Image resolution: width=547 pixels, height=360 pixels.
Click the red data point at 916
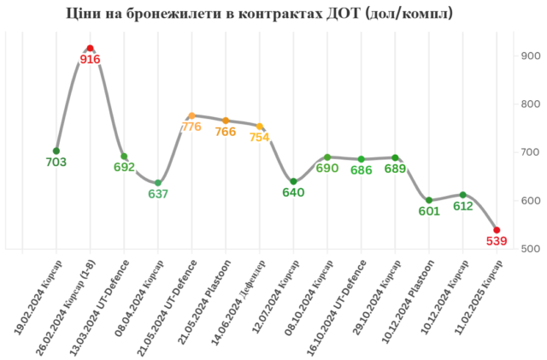[91, 48]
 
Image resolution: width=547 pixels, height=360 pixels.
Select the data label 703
[56, 162]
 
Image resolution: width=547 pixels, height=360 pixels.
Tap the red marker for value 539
[497, 230]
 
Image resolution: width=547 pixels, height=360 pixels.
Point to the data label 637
[158, 194]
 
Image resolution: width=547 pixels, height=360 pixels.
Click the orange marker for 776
[191, 115]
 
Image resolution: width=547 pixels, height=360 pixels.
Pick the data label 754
[260, 138]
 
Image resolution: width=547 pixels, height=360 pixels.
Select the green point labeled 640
[293, 181]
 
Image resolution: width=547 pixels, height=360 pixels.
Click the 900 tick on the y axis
[529, 56]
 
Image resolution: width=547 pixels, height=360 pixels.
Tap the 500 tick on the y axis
[529, 249]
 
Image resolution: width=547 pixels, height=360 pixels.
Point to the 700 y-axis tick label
[529, 152]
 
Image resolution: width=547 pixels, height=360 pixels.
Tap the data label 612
[462, 206]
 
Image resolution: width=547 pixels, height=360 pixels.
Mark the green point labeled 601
[429, 200]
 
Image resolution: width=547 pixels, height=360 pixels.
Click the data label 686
[362, 170]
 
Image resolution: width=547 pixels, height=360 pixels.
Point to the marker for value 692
[124, 156]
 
